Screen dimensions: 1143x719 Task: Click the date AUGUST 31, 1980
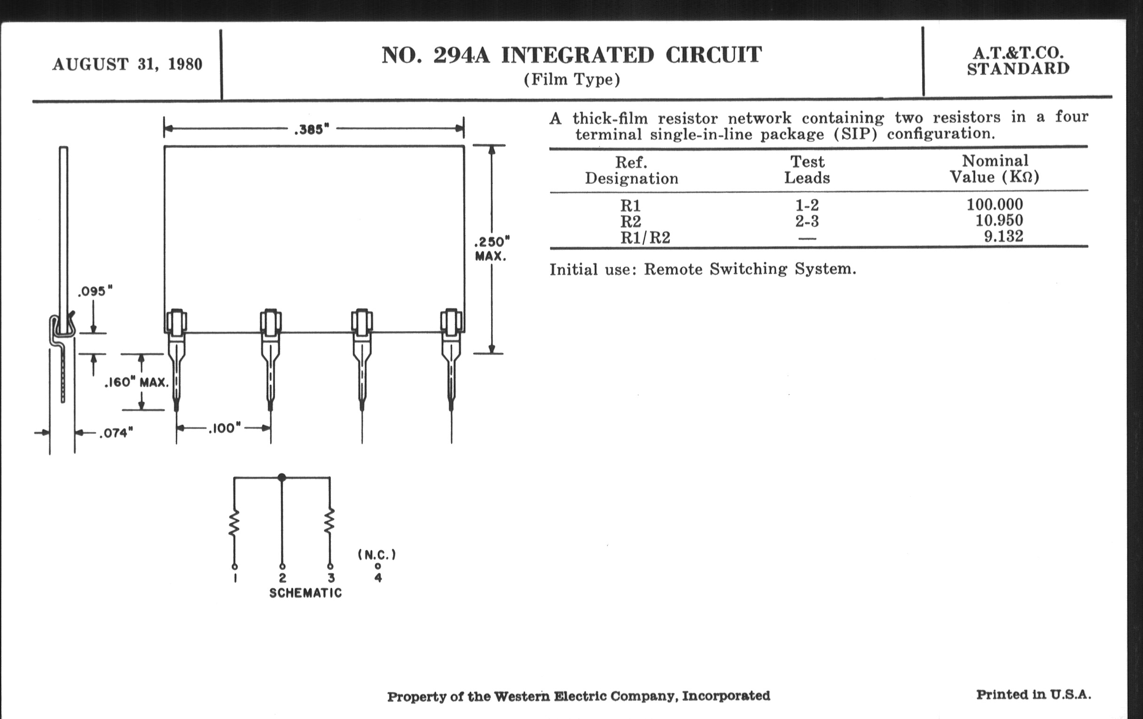127,64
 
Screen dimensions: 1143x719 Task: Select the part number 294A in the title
461,55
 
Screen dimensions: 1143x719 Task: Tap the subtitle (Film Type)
572,79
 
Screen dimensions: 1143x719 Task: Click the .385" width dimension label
312,130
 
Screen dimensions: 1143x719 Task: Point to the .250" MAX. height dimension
492,249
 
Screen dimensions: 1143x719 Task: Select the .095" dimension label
95,291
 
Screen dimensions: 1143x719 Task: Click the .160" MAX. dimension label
137,382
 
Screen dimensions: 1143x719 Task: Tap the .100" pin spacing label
225,428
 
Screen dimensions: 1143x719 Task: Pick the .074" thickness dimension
116,433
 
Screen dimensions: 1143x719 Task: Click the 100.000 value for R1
995,204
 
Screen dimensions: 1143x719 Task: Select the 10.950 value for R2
999,220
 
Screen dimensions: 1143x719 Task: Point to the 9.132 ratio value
1003,236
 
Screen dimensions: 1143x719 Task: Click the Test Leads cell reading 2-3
807,221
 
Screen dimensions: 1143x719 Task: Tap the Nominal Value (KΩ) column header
995,169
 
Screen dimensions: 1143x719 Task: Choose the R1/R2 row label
645,237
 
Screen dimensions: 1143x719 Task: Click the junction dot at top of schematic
282,477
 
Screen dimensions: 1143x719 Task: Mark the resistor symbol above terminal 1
234,523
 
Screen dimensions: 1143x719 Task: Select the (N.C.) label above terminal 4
377,555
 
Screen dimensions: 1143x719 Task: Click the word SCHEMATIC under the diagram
305,593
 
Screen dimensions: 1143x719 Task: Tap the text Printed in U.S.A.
1033,695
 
